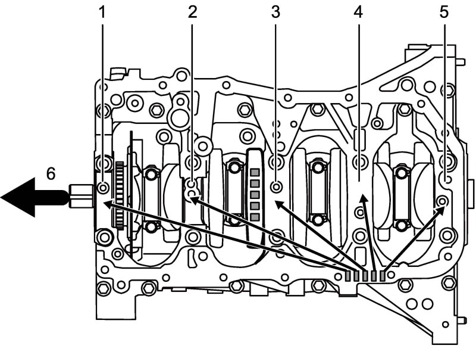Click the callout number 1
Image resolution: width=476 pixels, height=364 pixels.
[x=102, y=12]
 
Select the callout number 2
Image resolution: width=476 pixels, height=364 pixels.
[x=192, y=12]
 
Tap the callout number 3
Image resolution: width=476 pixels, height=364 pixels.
[x=275, y=12]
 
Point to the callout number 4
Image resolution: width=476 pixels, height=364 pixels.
[x=359, y=12]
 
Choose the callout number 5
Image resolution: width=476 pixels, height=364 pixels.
[x=444, y=12]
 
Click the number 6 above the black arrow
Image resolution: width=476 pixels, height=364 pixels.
[x=51, y=174]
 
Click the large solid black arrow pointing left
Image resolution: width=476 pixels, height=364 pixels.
[x=33, y=198]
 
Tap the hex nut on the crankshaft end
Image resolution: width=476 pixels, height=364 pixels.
[x=82, y=196]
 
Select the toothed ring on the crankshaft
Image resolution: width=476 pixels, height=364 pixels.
[x=120, y=195]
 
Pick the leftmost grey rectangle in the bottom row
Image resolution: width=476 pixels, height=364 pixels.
[x=349, y=276]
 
